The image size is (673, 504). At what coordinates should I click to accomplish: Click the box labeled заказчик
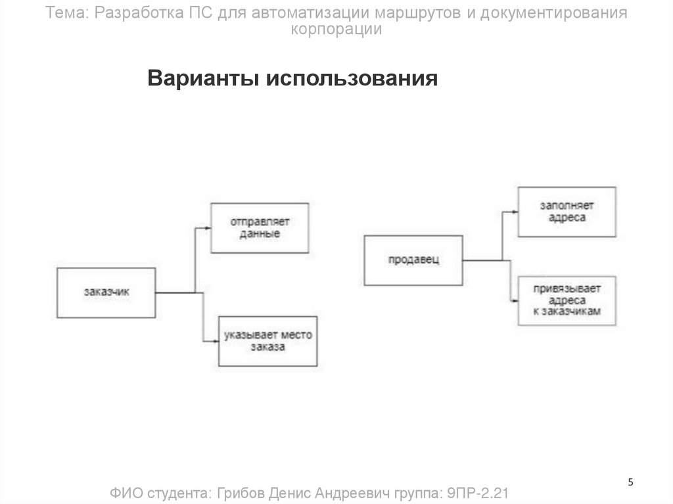pos(106,292)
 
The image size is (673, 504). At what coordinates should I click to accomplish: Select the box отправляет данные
pos(260,228)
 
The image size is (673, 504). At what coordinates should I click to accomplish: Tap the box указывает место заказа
pos(267,341)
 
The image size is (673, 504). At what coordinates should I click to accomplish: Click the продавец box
pos(413,260)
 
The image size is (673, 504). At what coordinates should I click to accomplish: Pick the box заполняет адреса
pos(567,212)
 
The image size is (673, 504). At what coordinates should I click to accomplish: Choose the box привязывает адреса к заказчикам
pos(567,301)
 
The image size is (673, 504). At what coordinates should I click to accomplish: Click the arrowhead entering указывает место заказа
pos(216,341)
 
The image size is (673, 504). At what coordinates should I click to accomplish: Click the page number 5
pos(631,483)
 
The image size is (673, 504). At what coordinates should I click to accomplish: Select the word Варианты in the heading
pos(204,79)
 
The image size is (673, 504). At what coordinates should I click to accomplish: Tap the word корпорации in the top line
pos(336,30)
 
